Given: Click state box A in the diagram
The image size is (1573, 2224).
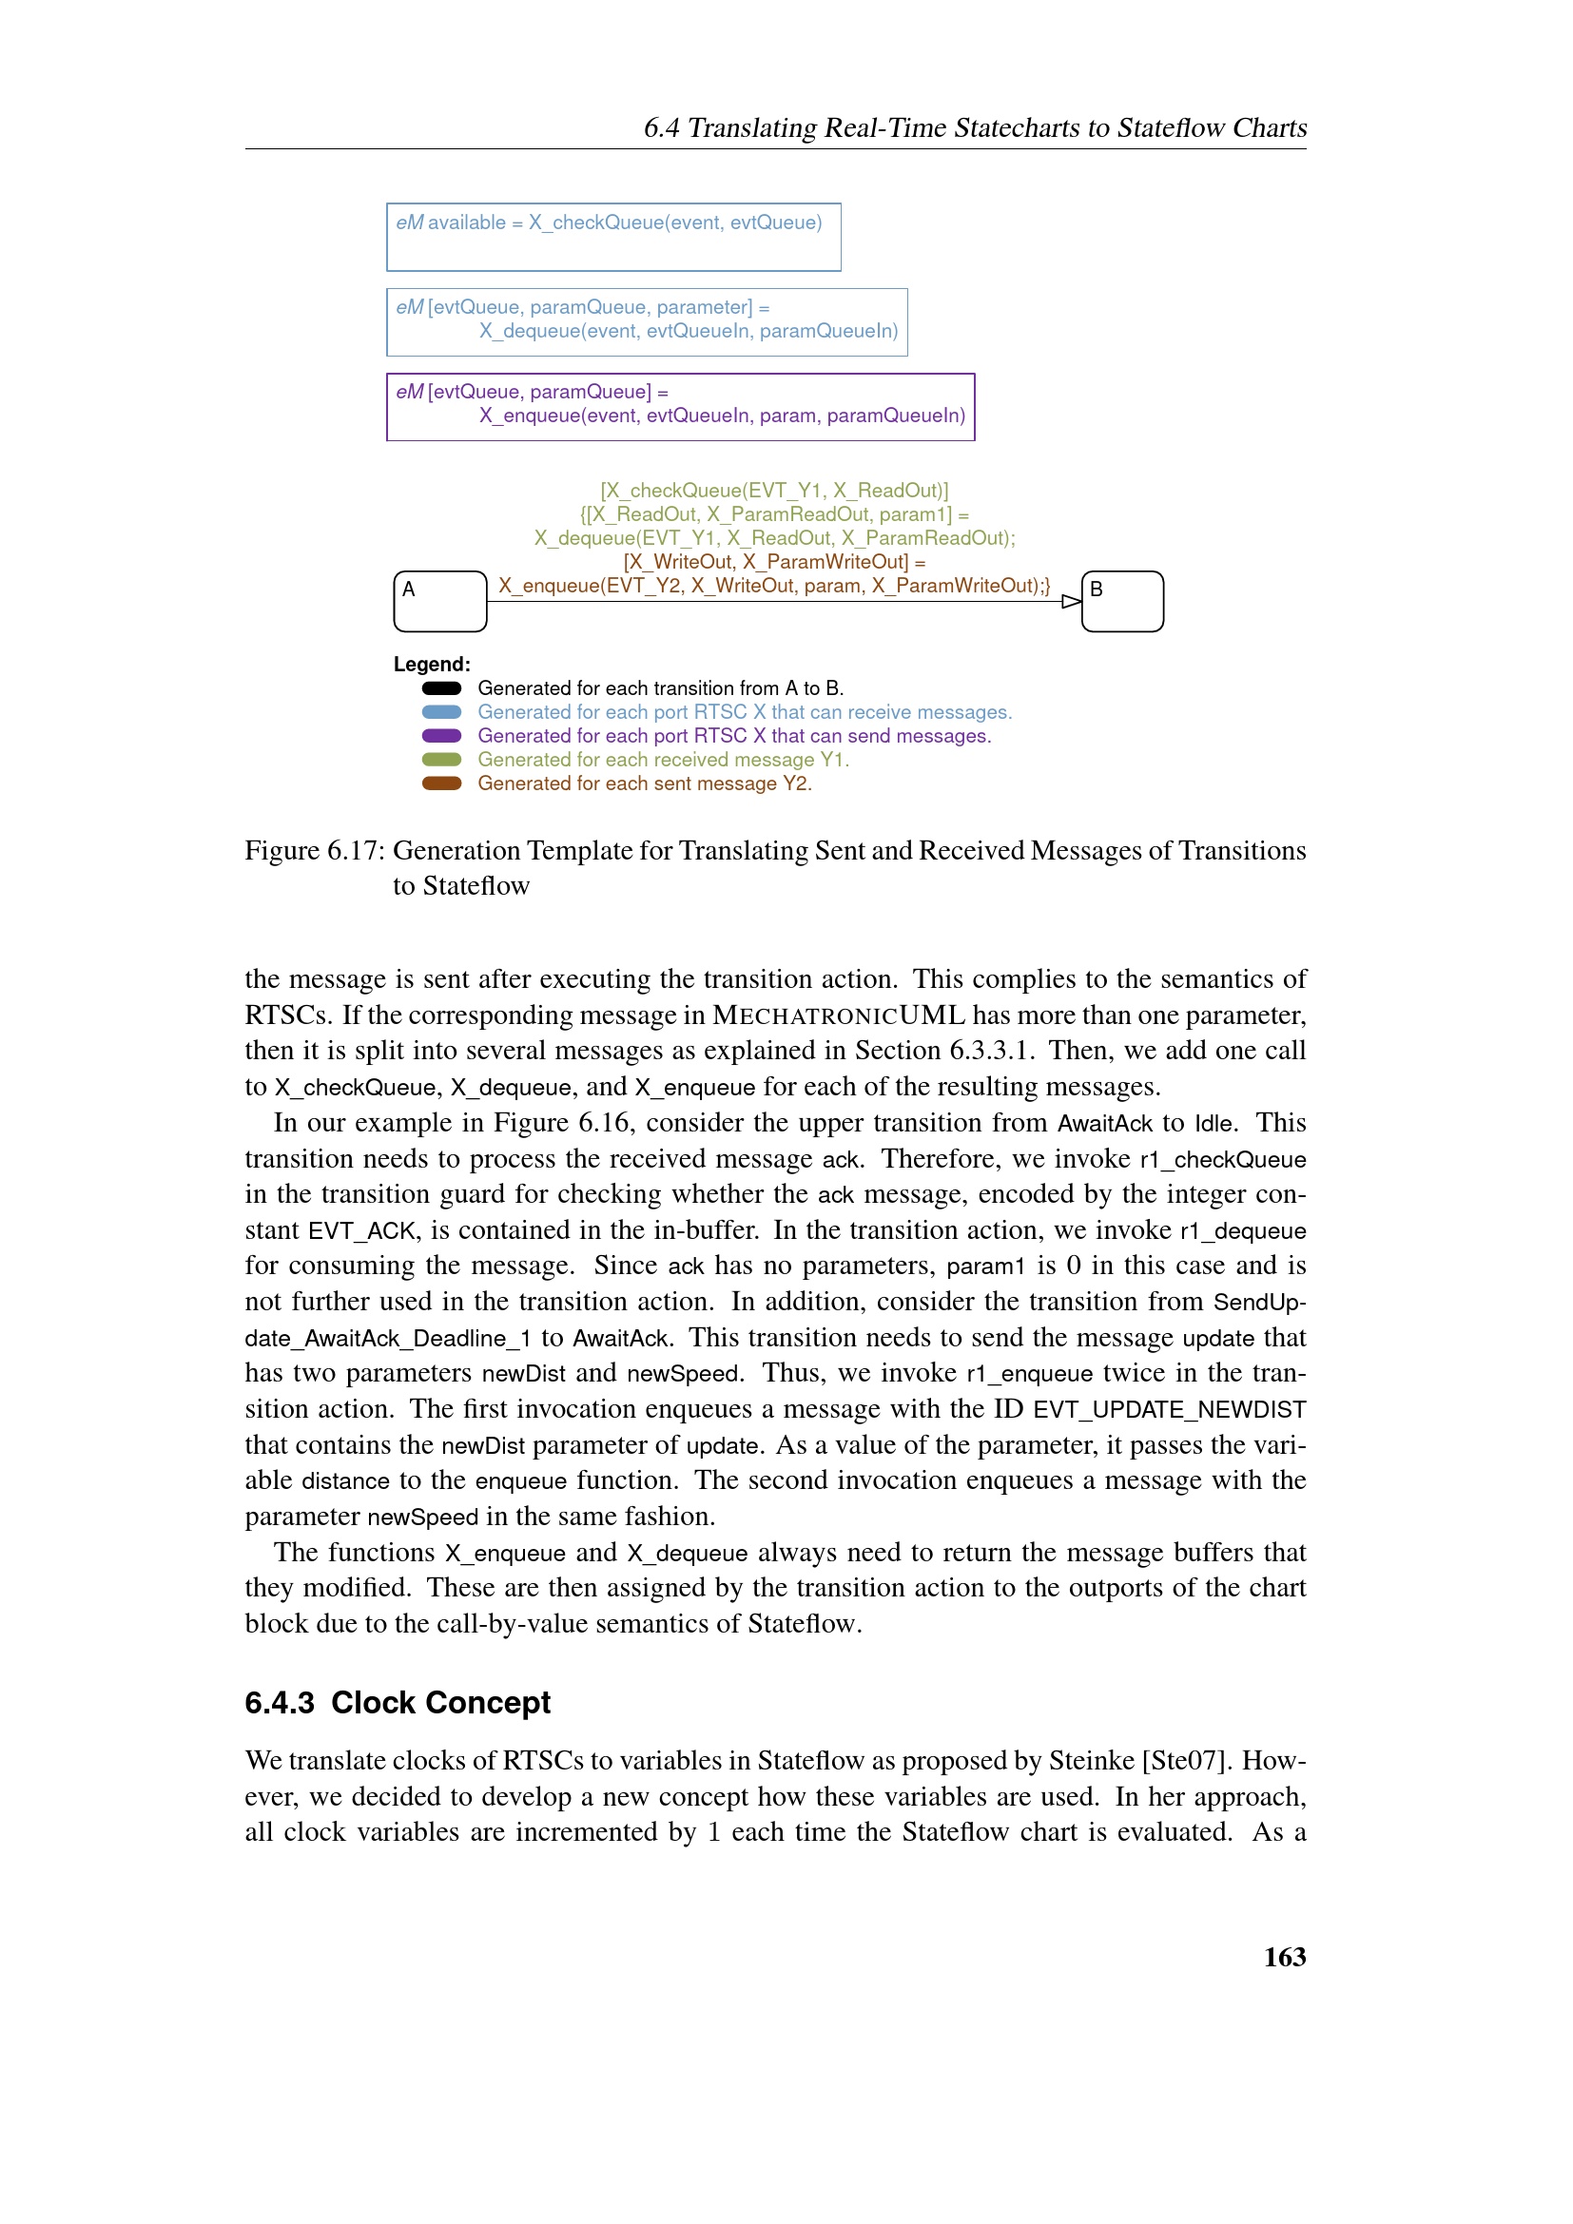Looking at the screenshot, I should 439,601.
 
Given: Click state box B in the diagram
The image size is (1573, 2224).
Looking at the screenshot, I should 1121,601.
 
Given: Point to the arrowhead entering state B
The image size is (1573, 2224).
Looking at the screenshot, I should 1071,602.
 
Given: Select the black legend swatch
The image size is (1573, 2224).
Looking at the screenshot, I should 441,688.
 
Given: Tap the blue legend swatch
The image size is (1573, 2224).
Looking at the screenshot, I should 441,712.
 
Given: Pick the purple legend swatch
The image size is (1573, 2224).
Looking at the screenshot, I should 441,736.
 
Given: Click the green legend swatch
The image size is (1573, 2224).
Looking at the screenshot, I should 441,760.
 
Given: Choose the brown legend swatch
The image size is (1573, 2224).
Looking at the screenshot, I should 441,783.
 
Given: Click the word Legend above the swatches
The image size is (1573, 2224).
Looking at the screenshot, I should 432,665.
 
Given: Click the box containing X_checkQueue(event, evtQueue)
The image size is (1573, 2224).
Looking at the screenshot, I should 613,238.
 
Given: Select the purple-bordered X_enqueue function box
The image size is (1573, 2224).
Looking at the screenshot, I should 680,407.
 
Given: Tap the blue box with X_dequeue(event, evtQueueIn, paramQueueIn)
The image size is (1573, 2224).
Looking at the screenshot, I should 647,322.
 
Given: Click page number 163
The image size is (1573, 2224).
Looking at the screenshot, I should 1284,1957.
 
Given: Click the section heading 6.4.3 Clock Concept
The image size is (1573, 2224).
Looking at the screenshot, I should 398,1702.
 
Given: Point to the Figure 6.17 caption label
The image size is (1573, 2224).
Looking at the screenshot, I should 314,850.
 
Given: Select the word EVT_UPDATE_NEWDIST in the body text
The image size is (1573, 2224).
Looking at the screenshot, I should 1169,1409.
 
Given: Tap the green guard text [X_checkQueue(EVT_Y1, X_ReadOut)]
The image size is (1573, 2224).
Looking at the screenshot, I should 774,491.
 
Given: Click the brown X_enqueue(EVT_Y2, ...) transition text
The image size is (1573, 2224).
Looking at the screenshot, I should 774,586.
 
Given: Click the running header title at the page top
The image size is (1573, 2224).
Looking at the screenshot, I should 975,127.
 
